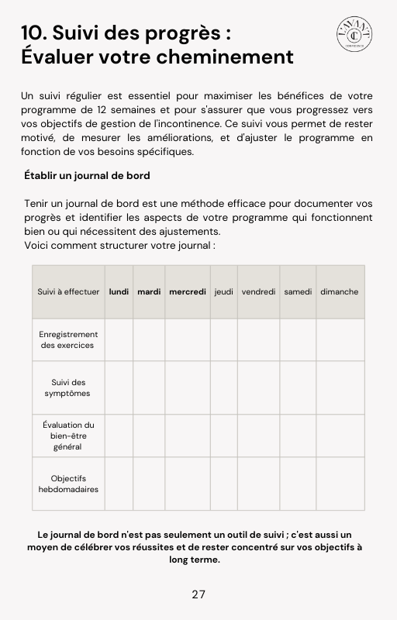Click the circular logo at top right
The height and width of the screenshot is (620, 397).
pos(354,36)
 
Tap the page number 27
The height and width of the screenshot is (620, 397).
pos(198,594)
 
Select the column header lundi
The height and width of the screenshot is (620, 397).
pos(119,292)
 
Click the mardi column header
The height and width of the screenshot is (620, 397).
pos(149,292)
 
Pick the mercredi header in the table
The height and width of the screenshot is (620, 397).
pos(188,292)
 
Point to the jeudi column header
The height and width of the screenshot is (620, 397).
pos(224,292)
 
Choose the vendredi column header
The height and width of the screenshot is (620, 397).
pos(258,292)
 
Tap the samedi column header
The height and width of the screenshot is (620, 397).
pos(298,292)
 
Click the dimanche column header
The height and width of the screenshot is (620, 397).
pos(340,292)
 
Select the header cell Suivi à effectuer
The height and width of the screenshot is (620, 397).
pos(68,292)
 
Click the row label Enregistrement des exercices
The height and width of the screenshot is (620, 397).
pos(68,339)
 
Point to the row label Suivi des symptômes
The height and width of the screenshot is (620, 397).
pos(68,387)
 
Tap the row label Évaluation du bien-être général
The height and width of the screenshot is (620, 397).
pos(68,436)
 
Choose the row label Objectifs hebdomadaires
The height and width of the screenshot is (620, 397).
pos(68,484)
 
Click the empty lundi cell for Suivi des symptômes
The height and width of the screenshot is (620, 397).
pos(119,387)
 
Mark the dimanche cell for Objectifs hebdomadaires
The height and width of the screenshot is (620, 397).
pos(340,484)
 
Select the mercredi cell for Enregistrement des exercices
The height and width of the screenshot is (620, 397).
pos(188,339)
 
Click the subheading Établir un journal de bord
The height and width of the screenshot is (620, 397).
pos(87,176)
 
